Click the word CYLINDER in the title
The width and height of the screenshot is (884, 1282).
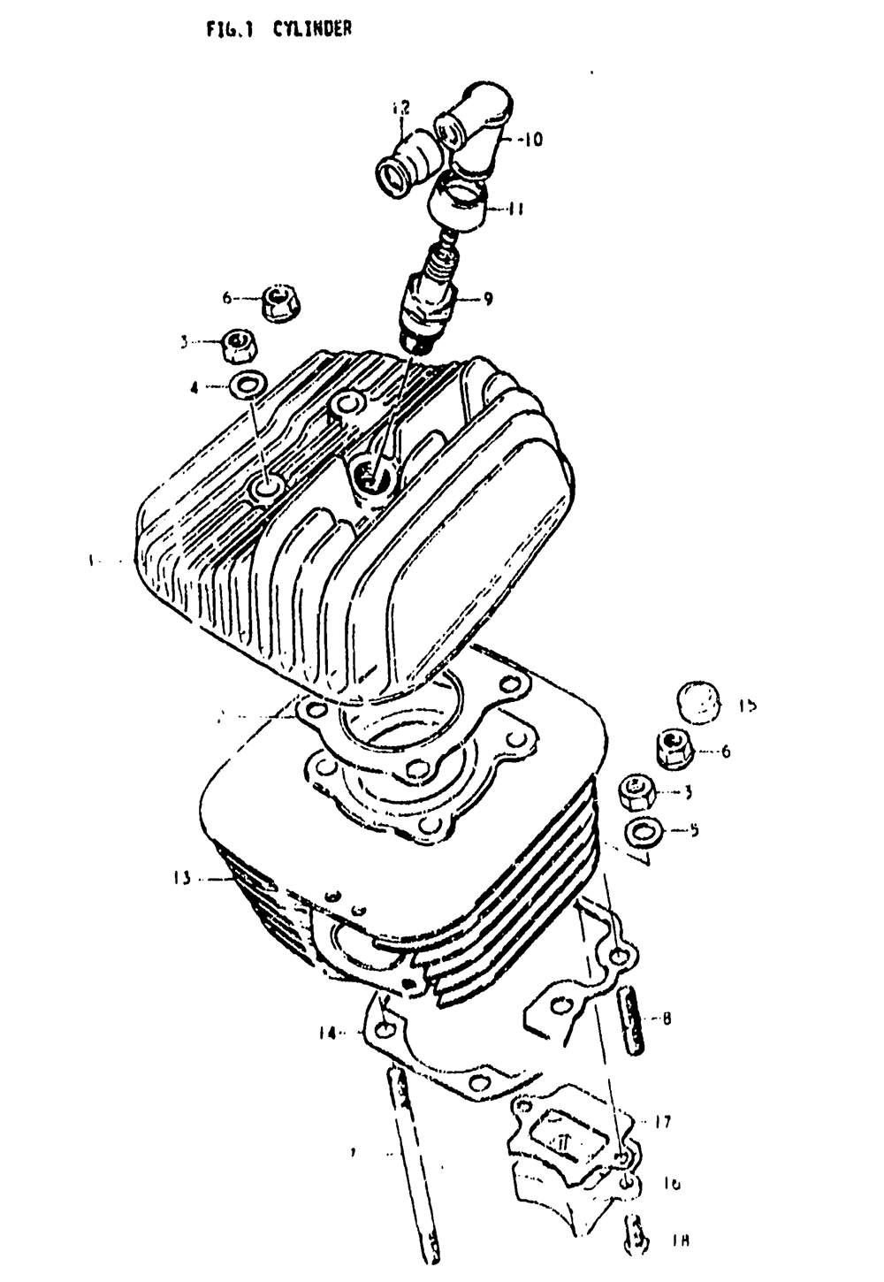pos(312,29)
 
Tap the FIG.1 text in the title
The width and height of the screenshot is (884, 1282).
pos(230,29)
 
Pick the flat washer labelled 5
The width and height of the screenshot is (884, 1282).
pos(646,832)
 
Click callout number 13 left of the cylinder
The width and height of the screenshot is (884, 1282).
pos(181,878)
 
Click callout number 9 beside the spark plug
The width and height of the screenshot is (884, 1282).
pos(488,299)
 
